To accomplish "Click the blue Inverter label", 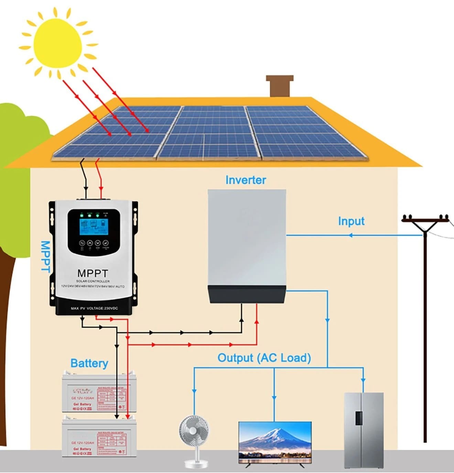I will pyautogui.click(x=246, y=180).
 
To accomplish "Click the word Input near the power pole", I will pyautogui.click(x=351, y=221).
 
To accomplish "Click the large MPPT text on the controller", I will pyautogui.click(x=93, y=273).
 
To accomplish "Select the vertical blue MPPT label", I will pyautogui.click(x=45, y=256).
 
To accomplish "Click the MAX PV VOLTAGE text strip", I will pyautogui.click(x=94, y=308).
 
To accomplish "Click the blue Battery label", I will pyautogui.click(x=89, y=363).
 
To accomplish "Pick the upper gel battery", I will pyautogui.click(x=99, y=393).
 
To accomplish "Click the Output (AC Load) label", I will pyautogui.click(x=264, y=358).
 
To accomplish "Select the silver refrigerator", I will pyautogui.click(x=364, y=430).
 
